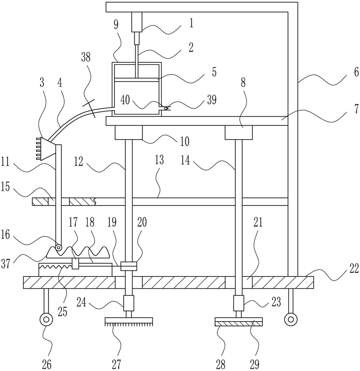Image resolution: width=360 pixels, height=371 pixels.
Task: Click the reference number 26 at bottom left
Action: click(x=47, y=364)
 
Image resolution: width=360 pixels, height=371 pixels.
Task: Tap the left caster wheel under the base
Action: click(x=46, y=320)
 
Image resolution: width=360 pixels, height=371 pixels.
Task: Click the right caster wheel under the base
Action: click(x=291, y=320)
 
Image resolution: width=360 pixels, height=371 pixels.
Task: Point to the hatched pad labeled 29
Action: click(x=239, y=322)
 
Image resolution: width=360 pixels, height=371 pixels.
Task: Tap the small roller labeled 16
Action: click(x=58, y=247)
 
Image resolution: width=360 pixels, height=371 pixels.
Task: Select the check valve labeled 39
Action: click(x=166, y=108)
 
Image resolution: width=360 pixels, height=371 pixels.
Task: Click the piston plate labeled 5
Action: click(x=136, y=79)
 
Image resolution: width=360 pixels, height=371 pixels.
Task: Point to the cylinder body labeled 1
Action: click(x=137, y=22)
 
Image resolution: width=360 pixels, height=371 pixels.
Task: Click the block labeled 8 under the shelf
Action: click(x=239, y=132)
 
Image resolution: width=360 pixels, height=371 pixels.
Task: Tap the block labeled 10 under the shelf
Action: click(x=128, y=132)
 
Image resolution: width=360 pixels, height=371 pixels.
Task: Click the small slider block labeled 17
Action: click(x=76, y=264)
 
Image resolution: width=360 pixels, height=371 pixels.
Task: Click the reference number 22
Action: click(x=354, y=269)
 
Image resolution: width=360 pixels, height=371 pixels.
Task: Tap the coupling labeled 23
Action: click(x=239, y=303)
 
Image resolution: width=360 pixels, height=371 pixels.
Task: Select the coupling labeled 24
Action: click(x=129, y=303)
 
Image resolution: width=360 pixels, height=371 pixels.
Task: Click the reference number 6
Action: click(x=356, y=72)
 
